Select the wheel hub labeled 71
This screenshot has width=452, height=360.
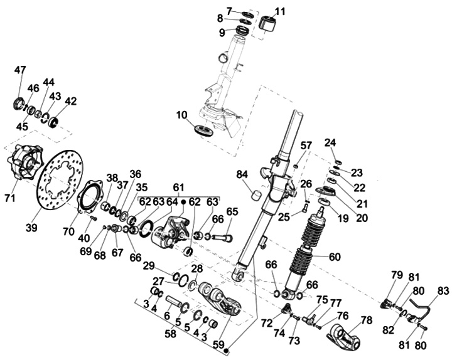(24, 164)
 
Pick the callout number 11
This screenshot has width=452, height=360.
(280, 11)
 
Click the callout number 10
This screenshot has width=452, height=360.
(182, 115)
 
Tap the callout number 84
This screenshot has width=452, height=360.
(243, 174)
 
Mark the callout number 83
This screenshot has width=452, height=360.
(443, 290)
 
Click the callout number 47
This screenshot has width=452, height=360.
(21, 70)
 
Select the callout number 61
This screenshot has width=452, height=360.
(179, 188)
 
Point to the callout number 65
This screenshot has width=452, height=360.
(232, 211)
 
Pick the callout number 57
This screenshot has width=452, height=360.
(306, 146)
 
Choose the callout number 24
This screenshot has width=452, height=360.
(331, 142)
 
